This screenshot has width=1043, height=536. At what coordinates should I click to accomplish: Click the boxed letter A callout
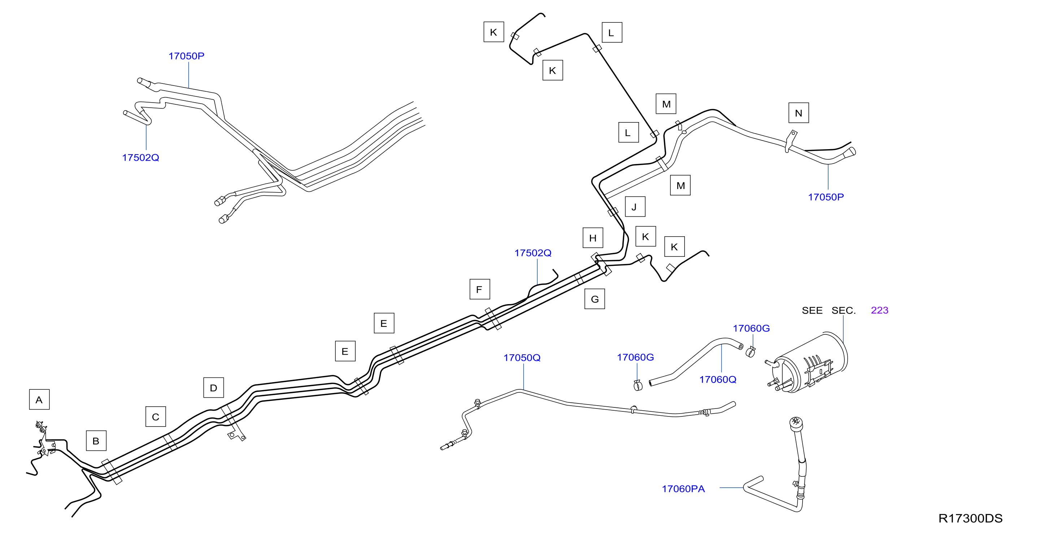39,399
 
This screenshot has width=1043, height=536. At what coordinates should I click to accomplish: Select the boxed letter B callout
96,441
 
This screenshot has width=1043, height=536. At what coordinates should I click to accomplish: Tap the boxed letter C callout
156,416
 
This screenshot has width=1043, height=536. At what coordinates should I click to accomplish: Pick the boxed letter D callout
213,388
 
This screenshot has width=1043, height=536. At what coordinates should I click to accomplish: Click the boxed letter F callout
480,289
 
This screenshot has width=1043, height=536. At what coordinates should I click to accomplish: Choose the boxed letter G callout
595,299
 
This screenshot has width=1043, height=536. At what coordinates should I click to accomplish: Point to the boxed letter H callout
593,238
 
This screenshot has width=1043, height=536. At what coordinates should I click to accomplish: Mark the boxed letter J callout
635,207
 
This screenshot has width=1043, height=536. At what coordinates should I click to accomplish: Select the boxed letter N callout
799,113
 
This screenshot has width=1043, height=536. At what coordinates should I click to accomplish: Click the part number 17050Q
522,358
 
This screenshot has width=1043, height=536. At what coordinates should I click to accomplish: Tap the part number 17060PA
683,489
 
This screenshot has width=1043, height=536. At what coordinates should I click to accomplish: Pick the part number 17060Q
718,380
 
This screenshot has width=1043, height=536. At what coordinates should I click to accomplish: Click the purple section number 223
879,310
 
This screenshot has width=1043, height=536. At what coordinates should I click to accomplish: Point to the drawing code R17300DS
970,518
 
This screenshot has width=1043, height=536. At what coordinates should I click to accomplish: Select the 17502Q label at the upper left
140,157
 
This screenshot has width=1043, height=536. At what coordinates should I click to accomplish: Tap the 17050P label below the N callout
826,197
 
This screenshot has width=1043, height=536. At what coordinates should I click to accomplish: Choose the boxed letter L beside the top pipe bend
612,33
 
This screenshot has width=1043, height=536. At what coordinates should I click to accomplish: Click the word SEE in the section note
812,311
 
